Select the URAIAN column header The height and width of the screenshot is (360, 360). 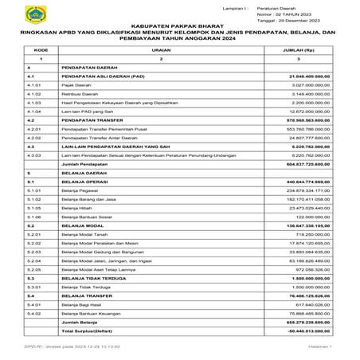(x=161, y=49)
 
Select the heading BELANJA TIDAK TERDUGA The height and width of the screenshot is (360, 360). (x=96, y=278)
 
